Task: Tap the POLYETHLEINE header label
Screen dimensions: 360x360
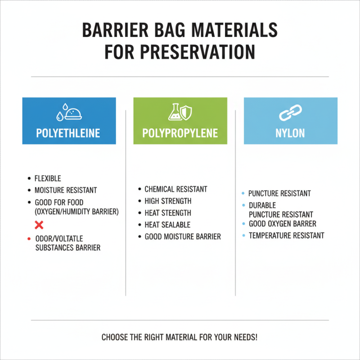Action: point(69,133)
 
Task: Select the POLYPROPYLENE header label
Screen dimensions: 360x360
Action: point(180,133)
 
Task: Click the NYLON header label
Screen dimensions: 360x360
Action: point(291,133)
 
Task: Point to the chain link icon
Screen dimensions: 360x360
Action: point(291,113)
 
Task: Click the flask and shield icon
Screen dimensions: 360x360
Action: point(180,112)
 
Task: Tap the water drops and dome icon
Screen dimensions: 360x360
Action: point(69,113)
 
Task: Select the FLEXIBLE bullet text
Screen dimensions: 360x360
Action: point(48,179)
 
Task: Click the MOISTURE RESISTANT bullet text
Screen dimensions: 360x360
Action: point(66,190)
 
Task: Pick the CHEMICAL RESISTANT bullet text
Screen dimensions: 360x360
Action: point(176,189)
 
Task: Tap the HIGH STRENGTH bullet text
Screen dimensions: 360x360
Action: point(168,201)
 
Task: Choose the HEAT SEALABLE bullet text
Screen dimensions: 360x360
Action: point(167,225)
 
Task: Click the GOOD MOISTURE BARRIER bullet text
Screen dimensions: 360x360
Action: point(183,236)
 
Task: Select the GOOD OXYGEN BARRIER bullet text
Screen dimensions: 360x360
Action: point(283,224)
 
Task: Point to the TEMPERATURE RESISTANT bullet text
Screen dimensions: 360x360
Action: point(286,235)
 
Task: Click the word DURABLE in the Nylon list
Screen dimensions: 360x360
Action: point(262,205)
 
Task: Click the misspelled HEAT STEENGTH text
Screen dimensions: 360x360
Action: point(168,213)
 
